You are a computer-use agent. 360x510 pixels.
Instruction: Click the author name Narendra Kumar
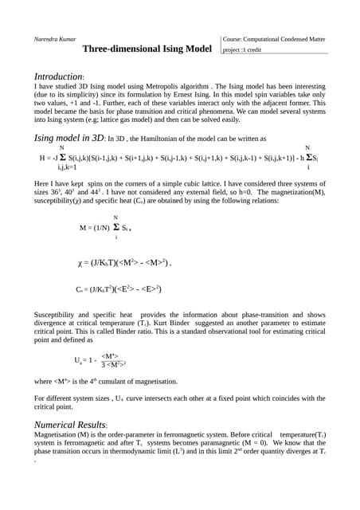pos(57,38)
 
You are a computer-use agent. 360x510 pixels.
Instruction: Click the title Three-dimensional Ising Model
pos(151,49)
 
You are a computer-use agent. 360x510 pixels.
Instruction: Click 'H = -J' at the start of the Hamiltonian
pos(49,158)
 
